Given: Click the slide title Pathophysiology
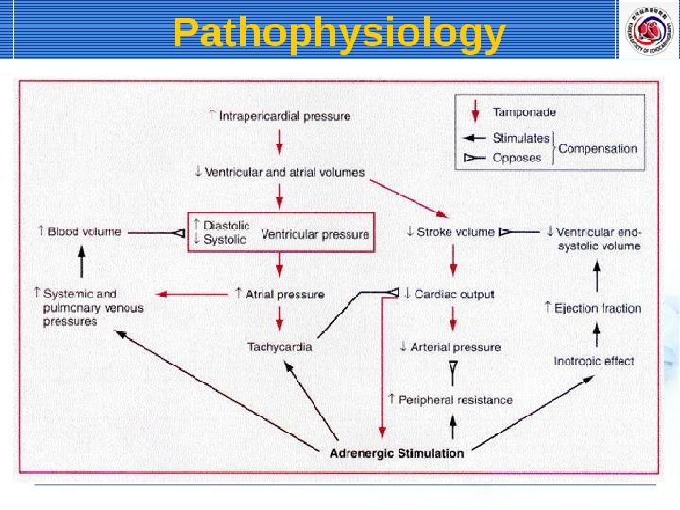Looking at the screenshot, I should point(339,34).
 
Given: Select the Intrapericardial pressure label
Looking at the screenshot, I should point(279,117).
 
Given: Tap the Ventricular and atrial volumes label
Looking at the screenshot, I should point(279,172).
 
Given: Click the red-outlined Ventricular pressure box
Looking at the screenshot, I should point(280,232).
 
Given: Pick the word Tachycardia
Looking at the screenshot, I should point(280,347).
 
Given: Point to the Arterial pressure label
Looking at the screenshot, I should point(450,347).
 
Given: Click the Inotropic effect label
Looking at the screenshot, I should point(594,361).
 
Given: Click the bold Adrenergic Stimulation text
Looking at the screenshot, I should point(397,453).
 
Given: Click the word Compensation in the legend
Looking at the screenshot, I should point(598,148).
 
